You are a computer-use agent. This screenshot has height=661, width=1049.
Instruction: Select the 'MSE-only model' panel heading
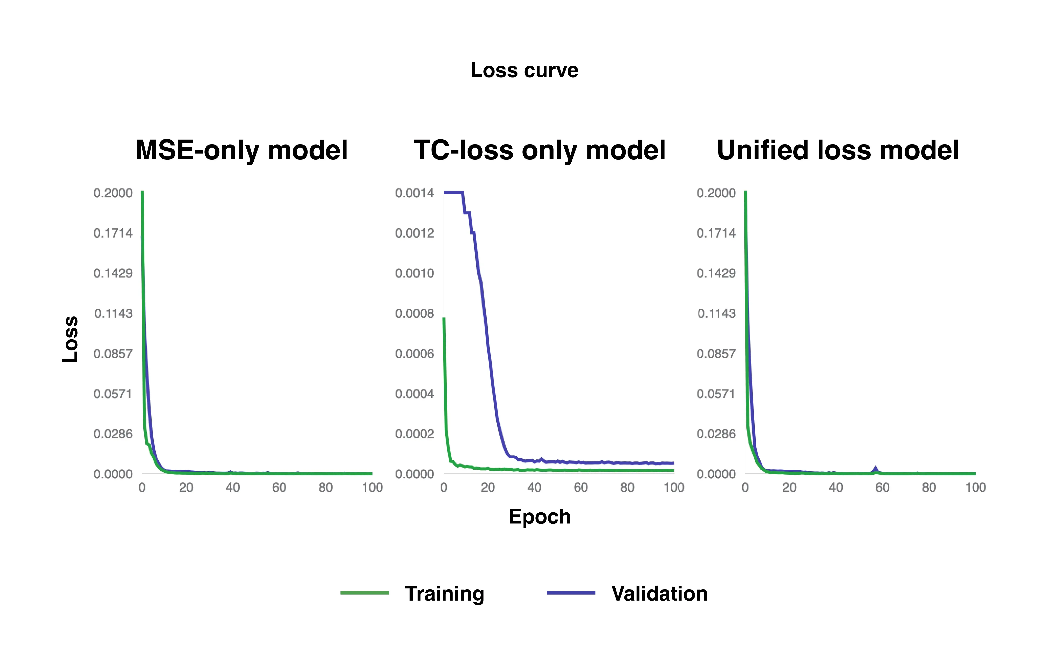(x=241, y=150)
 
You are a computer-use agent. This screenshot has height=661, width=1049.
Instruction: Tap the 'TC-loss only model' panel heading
(x=539, y=150)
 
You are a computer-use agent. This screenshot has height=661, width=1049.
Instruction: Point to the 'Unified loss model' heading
(x=838, y=150)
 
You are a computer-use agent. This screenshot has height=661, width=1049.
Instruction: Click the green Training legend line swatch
(x=365, y=593)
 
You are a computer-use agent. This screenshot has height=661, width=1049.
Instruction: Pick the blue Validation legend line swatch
(x=571, y=593)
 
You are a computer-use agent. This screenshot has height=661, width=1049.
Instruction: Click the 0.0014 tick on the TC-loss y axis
(x=414, y=193)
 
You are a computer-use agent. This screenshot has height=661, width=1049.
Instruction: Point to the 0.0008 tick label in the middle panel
(x=414, y=313)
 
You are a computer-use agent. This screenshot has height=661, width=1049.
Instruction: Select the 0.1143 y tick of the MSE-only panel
(x=113, y=313)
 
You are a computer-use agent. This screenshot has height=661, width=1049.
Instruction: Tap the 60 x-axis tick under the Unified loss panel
(x=882, y=488)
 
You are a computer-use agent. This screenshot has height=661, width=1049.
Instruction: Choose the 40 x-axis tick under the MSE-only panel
(x=233, y=488)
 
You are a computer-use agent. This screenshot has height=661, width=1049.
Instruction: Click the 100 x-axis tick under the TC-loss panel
(x=673, y=488)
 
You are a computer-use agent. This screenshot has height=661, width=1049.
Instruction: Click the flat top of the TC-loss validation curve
(x=453, y=192)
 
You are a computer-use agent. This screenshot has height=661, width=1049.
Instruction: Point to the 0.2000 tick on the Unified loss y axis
(x=716, y=193)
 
